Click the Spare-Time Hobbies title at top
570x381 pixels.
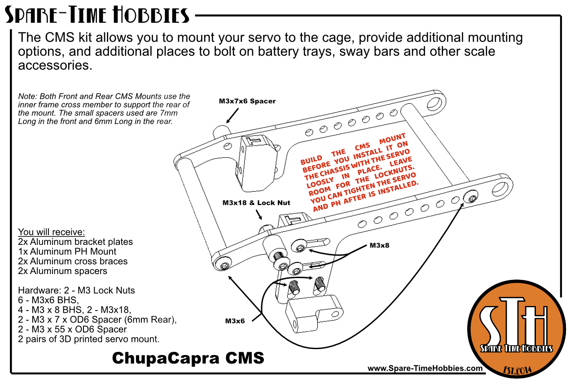coord(97,16)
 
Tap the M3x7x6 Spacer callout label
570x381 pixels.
coord(247,102)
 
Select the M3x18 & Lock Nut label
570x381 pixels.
coord(256,203)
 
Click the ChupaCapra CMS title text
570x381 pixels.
coord(188,358)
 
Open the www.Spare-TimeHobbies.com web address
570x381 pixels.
coord(425,368)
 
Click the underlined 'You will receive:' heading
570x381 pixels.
coord(51,232)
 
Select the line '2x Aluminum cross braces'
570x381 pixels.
coord(73,261)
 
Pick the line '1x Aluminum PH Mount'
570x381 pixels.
coord(67,252)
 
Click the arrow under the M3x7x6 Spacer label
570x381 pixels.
coord(232,116)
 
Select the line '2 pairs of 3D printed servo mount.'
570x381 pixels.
coord(89,339)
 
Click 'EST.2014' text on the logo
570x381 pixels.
coord(517,370)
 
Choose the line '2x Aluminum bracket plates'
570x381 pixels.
coord(75,242)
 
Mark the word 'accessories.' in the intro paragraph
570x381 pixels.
coord(55,66)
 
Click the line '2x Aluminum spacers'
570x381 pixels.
coord(62,271)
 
